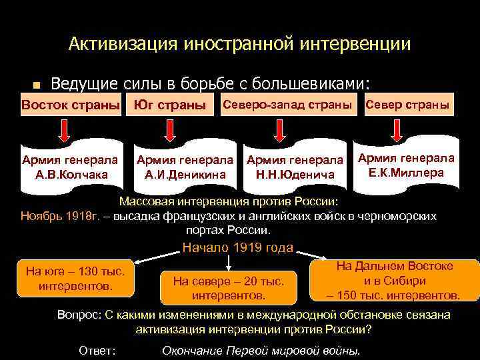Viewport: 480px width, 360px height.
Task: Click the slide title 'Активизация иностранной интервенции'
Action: point(239,45)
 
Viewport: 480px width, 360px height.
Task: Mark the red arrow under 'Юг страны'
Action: point(171,131)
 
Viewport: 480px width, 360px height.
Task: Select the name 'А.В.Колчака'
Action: point(69,175)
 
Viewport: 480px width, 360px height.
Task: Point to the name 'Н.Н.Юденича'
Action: point(295,175)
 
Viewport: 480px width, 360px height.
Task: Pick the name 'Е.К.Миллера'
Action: point(406,173)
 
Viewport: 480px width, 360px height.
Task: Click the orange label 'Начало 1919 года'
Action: point(238,248)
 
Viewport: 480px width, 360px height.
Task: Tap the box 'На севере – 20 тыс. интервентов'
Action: point(229,287)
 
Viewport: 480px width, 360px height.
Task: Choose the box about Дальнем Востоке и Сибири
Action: point(394,280)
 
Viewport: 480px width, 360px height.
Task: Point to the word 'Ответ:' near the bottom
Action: point(97,350)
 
